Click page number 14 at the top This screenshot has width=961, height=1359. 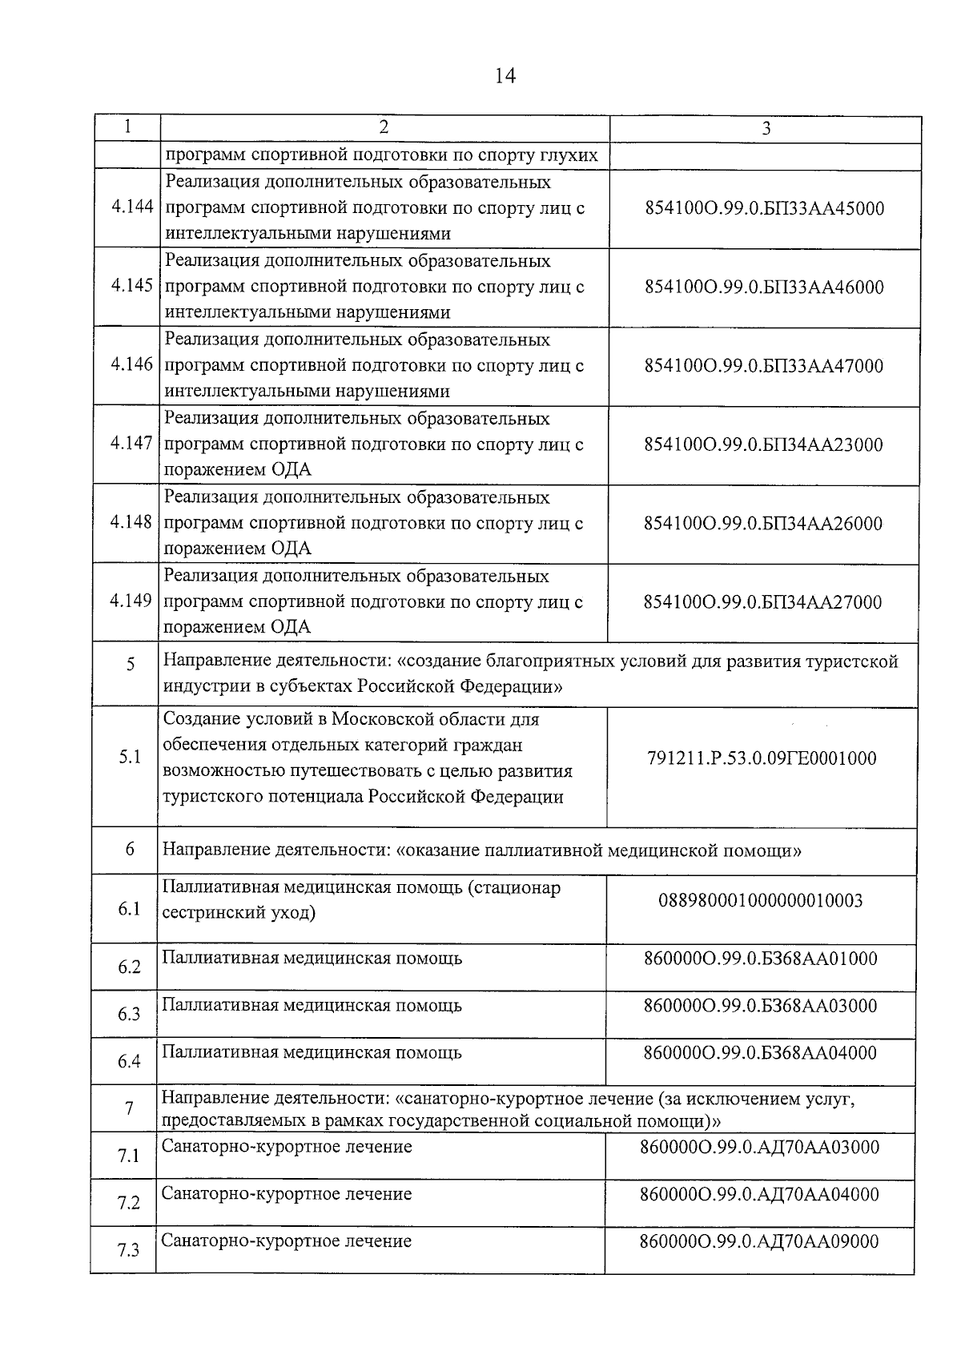(x=505, y=76)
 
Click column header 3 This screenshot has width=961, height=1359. (x=766, y=128)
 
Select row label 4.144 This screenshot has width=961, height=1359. (x=132, y=207)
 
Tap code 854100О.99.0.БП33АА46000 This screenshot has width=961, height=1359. (x=764, y=287)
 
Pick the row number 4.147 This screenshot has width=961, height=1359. (x=131, y=443)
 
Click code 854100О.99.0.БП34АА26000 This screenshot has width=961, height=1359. (x=762, y=523)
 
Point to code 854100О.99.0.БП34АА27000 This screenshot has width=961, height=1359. (x=762, y=602)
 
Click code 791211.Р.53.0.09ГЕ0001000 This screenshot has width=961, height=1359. (x=762, y=758)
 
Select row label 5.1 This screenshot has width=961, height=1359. (x=130, y=757)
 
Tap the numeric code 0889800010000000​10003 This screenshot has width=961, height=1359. (x=760, y=901)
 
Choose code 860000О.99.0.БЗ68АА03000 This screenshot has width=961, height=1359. (x=760, y=1006)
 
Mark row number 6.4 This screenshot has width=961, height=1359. (x=129, y=1061)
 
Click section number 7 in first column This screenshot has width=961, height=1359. (x=129, y=1108)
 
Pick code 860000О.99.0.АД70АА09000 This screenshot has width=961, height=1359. (x=759, y=1241)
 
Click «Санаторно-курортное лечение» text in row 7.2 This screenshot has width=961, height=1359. (x=287, y=1194)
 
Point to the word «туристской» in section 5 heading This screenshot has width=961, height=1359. (x=850, y=661)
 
